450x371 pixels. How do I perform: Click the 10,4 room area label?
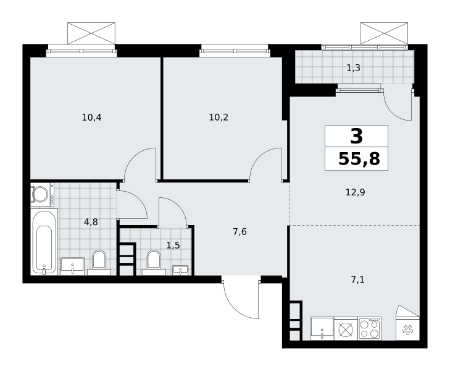[91, 117]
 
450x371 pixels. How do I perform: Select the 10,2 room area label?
[219, 117]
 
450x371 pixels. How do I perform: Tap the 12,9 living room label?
[356, 192]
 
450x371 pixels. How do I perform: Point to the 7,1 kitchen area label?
[358, 279]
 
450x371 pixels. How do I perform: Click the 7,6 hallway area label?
[240, 232]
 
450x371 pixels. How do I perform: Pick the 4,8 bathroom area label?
[91, 222]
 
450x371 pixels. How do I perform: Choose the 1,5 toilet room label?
[173, 245]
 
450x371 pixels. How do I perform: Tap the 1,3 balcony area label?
[353, 68]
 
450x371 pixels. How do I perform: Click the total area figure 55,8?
[359, 159]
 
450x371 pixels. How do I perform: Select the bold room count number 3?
[356, 136]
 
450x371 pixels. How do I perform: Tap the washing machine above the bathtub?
[42, 194]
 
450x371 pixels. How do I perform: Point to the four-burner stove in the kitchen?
[370, 328]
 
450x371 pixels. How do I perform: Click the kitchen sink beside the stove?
[322, 328]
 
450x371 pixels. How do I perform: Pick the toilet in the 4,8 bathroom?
[99, 263]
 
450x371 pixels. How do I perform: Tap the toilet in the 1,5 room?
[154, 263]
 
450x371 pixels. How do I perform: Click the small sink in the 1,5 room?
[180, 270]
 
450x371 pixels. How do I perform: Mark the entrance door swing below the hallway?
[241, 298]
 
